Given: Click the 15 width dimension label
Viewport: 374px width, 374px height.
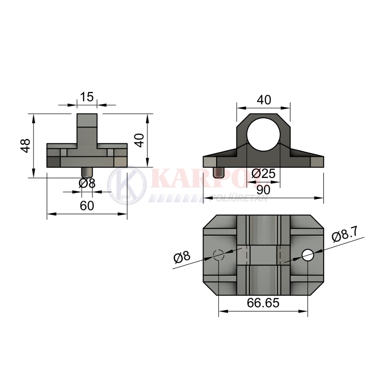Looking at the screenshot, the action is point(87,97).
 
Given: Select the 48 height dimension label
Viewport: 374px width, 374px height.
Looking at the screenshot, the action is point(25,145).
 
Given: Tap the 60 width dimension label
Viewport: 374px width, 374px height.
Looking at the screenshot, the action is point(87,206).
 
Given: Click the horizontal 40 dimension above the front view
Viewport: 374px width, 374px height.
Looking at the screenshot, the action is point(264,100).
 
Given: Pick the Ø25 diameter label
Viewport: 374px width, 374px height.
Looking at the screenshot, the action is point(264,174).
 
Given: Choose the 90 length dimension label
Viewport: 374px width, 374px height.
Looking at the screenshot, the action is point(263,190).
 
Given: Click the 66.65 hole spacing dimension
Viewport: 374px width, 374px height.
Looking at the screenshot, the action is point(263,303).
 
